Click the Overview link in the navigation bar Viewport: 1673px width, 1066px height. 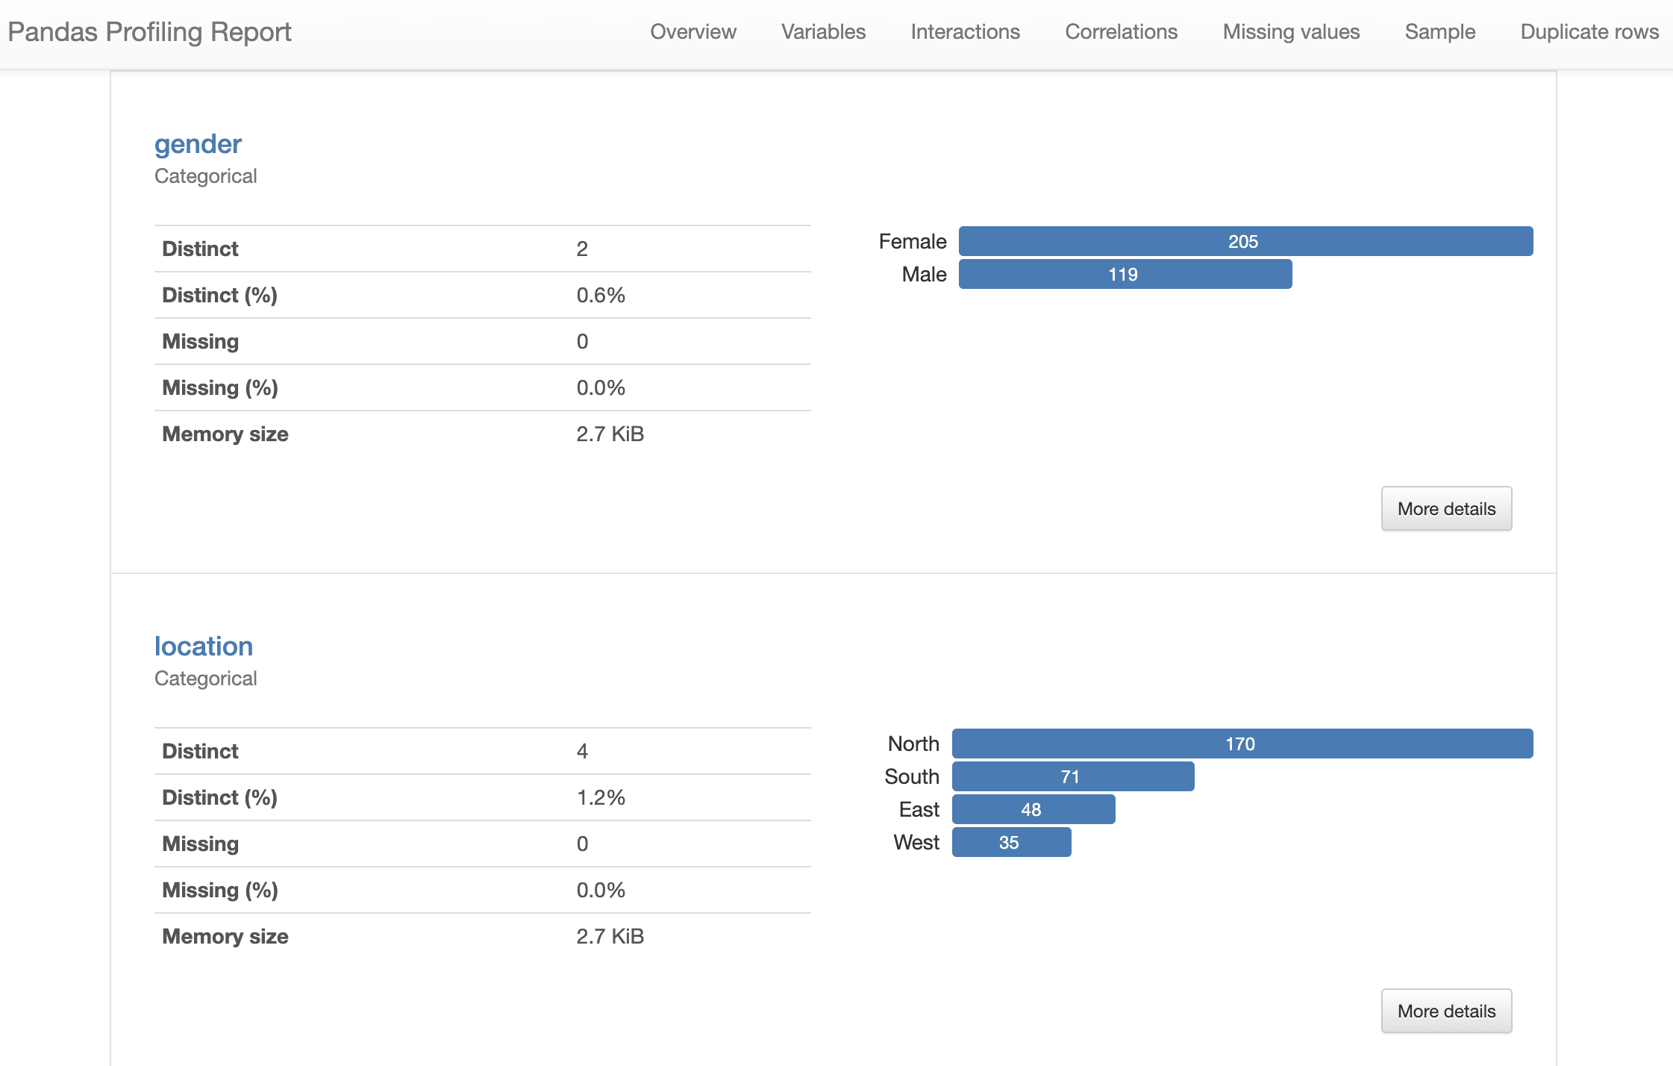tap(692, 31)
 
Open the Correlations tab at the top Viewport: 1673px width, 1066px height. tap(1121, 31)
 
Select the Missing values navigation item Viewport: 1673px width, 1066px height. tap(1291, 31)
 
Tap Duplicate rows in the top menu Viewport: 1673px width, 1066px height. tap(1589, 31)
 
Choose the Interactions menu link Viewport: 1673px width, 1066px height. tap(965, 31)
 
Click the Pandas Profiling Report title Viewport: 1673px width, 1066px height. tap(149, 32)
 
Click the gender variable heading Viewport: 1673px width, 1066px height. tap(198, 143)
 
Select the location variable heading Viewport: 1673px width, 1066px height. tap(203, 646)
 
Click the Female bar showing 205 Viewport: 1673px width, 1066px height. tap(1245, 241)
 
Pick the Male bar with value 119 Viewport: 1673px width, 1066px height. tap(1125, 274)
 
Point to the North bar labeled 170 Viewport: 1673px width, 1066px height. tap(1242, 744)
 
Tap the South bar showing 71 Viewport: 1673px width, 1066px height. tap(1072, 776)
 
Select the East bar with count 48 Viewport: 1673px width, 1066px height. tap(1033, 809)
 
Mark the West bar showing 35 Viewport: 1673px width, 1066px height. tap(1011, 842)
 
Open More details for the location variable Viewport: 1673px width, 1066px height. tap(1445, 1011)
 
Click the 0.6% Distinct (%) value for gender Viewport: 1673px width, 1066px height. tap(600, 295)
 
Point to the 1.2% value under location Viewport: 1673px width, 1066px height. tap(600, 797)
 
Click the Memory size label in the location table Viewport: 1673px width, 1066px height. tap(225, 936)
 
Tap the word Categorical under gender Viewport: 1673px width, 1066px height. tap(205, 176)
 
